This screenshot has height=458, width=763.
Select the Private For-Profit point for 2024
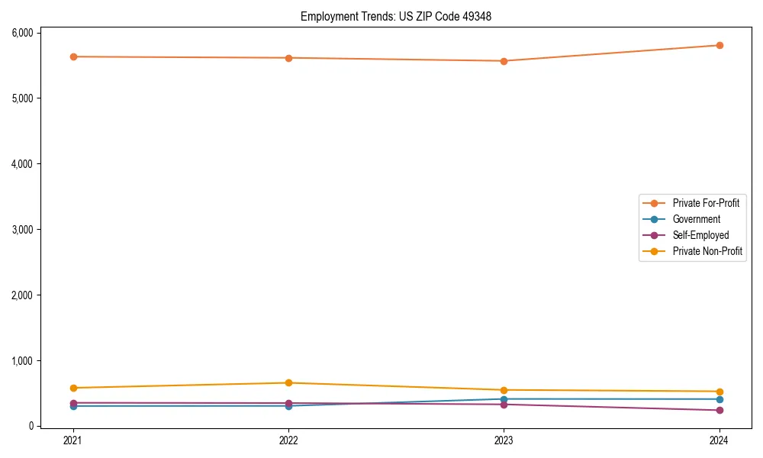click(x=720, y=45)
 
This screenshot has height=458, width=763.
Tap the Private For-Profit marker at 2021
click(x=73, y=56)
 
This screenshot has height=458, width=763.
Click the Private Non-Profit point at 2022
click(x=288, y=382)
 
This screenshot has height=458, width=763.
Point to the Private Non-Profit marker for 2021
click(x=73, y=388)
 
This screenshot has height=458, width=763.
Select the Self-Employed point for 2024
click(x=720, y=410)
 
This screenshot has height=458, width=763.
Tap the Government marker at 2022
click(x=288, y=405)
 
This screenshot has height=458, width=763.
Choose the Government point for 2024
click(x=720, y=399)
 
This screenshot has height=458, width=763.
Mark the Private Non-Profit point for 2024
click(x=720, y=392)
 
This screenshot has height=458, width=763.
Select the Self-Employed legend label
click(x=700, y=235)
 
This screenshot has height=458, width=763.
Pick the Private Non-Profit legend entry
click(x=707, y=251)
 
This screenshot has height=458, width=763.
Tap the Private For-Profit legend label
click(x=706, y=203)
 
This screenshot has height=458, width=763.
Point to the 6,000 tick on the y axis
click(x=21, y=33)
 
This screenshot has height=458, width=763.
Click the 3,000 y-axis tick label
click(x=21, y=229)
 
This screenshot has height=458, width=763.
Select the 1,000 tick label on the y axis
click(x=21, y=360)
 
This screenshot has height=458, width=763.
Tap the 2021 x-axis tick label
click(x=73, y=440)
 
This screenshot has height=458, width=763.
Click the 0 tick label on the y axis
click(x=31, y=426)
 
